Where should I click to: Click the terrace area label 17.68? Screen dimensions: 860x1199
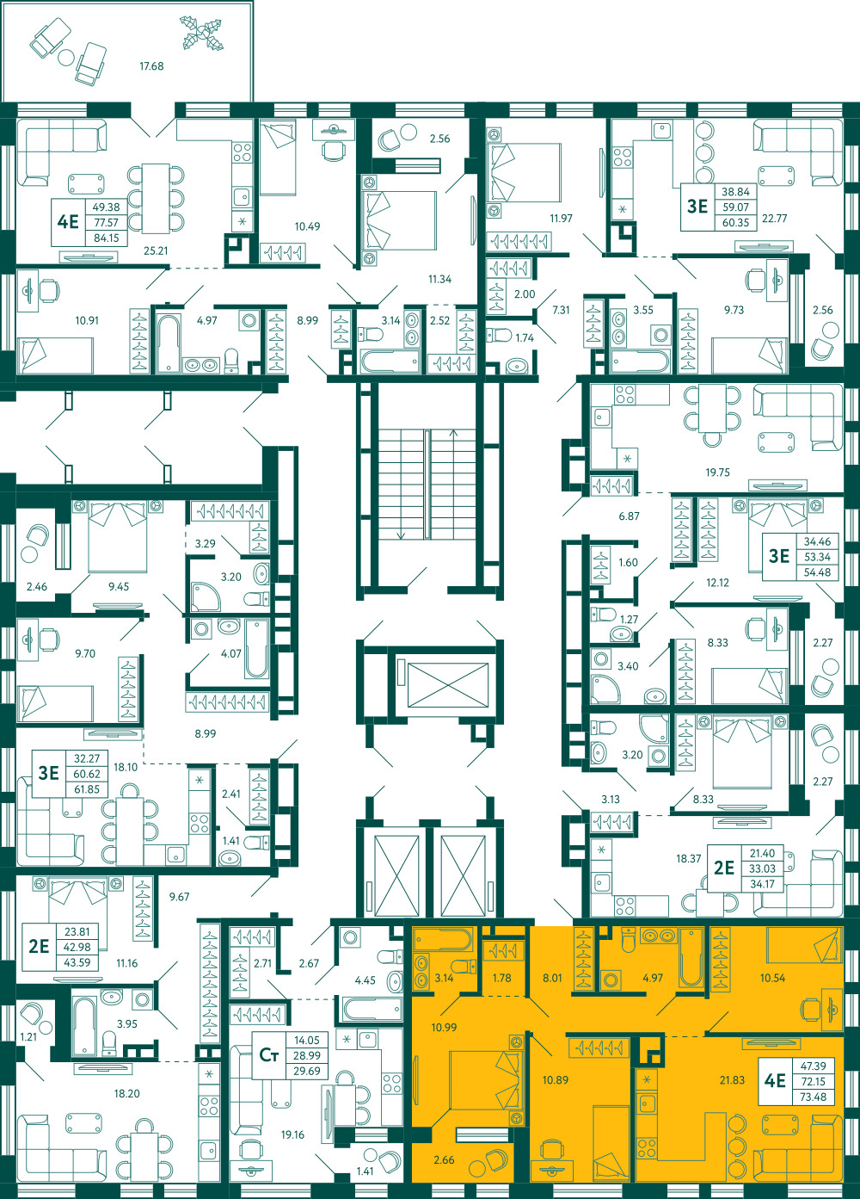pyautogui.click(x=151, y=66)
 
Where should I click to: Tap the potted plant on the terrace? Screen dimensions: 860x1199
pyautogui.click(x=201, y=34)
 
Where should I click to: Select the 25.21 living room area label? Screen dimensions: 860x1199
pyautogui.click(x=156, y=250)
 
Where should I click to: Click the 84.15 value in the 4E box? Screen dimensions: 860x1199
pyautogui.click(x=107, y=238)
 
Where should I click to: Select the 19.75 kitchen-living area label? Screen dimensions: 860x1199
pyautogui.click(x=717, y=473)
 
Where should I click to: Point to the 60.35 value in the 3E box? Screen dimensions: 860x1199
pyautogui.click(x=735, y=223)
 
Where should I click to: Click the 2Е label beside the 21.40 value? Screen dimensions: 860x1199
pyautogui.click(x=723, y=868)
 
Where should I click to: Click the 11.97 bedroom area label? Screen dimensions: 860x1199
pyautogui.click(x=561, y=219)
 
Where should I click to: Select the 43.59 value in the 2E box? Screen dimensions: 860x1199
pyautogui.click(x=77, y=962)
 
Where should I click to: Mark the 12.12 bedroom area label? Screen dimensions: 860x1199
pyautogui.click(x=717, y=583)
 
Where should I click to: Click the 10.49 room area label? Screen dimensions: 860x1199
pyautogui.click(x=307, y=226)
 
